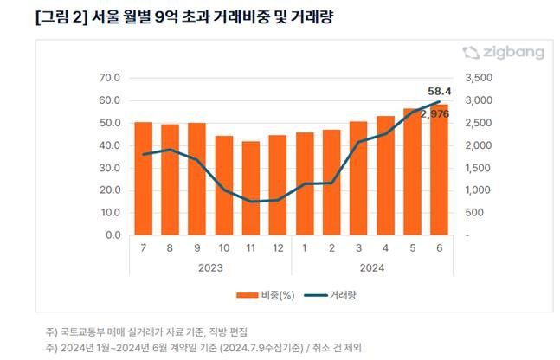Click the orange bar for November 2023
click(x=251, y=188)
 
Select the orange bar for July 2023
click(x=143, y=178)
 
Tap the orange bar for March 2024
click(x=358, y=178)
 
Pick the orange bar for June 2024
click(x=439, y=170)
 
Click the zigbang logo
click(x=503, y=53)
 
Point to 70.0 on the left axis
click(x=107, y=78)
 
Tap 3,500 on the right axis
click(x=479, y=78)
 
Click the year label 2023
click(x=209, y=267)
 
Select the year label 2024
click(x=371, y=267)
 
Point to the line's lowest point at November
click(x=251, y=202)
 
